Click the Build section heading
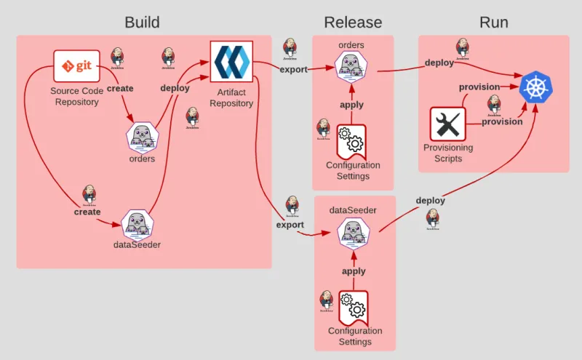[142, 23]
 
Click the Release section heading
[353, 23]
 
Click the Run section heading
[493, 23]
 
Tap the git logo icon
[76, 66]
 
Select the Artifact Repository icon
[231, 63]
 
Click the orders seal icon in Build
[142, 136]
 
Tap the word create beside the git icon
[120, 88]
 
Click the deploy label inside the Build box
[175, 88]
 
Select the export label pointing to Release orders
[293, 70]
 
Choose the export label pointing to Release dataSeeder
[290, 225]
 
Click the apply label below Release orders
[352, 105]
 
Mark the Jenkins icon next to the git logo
[117, 57]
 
